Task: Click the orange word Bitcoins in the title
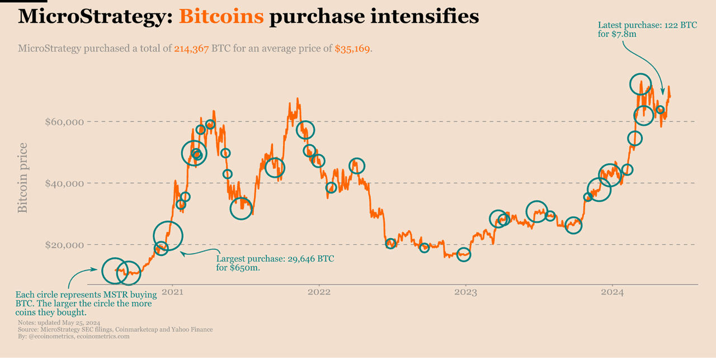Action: coord(221,17)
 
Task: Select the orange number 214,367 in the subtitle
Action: coord(191,49)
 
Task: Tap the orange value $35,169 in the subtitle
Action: coord(352,49)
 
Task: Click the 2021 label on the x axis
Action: coord(172,292)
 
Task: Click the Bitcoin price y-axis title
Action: coord(23,178)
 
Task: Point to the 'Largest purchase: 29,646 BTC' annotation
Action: coord(275,259)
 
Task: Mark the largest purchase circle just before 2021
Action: coord(168,235)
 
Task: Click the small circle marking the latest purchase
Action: coord(660,110)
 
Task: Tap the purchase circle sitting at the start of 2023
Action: coord(464,254)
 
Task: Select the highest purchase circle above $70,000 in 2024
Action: coord(640,84)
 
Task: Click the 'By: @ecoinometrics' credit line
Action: coord(74,337)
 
